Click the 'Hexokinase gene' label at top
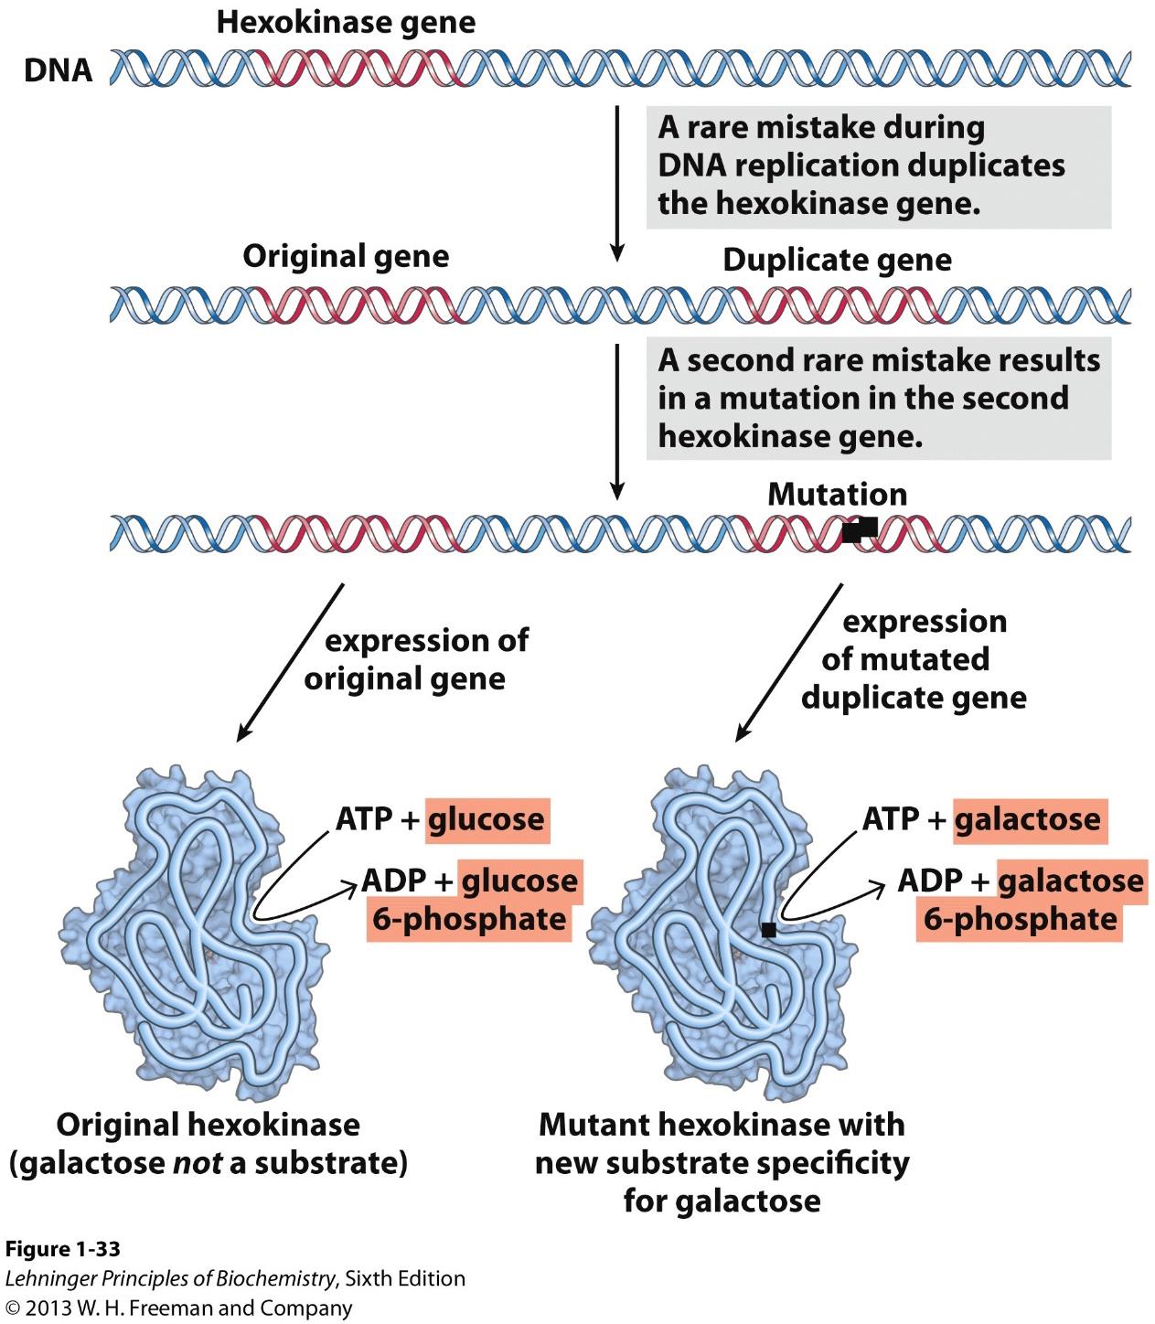pos(346,23)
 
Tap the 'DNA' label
pos(58,70)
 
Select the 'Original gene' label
pos(346,256)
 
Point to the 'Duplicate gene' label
pos(837,260)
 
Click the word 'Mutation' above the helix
pos(837,495)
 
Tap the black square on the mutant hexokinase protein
pos(768,930)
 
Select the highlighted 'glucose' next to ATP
pos(486,818)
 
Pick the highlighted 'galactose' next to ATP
pos(1027,818)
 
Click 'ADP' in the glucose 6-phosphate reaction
pos(395,881)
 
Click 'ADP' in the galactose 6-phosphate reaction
pos(930,881)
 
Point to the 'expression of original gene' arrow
pos(290,662)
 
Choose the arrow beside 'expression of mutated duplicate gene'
pos(789,661)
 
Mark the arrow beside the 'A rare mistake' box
pos(617,183)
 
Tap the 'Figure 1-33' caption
pos(62,1249)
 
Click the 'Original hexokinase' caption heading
pos(208,1124)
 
